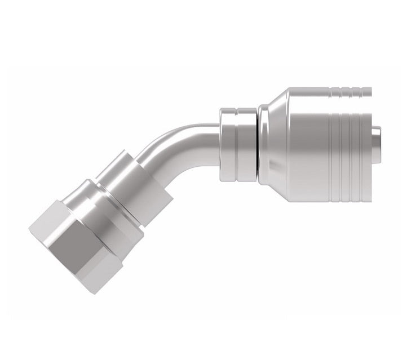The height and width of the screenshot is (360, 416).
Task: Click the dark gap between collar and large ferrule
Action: pos(258,144)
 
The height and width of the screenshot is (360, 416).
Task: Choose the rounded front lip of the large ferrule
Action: pos(264,144)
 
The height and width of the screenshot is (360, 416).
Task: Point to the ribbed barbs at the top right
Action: pos(352,91)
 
